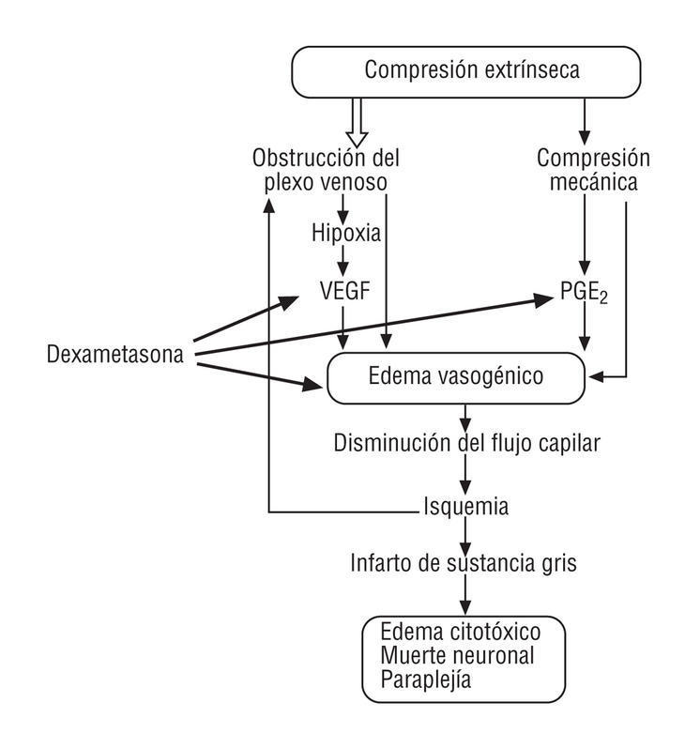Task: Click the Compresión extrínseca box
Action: click(466, 70)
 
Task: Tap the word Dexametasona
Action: click(114, 354)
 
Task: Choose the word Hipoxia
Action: click(346, 233)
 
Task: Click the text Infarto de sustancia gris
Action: click(464, 564)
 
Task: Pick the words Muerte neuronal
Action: click(457, 655)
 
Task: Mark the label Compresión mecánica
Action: click(586, 169)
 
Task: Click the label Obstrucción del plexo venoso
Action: click(320, 169)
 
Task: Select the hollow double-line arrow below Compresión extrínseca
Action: click(355, 122)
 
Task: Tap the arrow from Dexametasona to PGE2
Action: click(375, 326)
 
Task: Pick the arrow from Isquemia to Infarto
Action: click(464, 536)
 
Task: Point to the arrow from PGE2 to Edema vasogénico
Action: click(586, 330)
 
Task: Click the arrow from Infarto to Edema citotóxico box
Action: click(464, 594)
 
